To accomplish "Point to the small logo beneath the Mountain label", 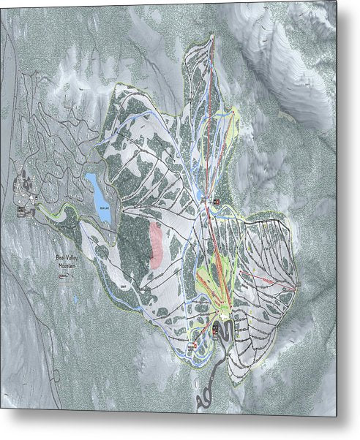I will pyautogui.click(x=67, y=276).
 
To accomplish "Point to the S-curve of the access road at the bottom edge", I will pyautogui.click(x=206, y=400).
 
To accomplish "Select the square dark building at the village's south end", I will pyautogui.click(x=20, y=211).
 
